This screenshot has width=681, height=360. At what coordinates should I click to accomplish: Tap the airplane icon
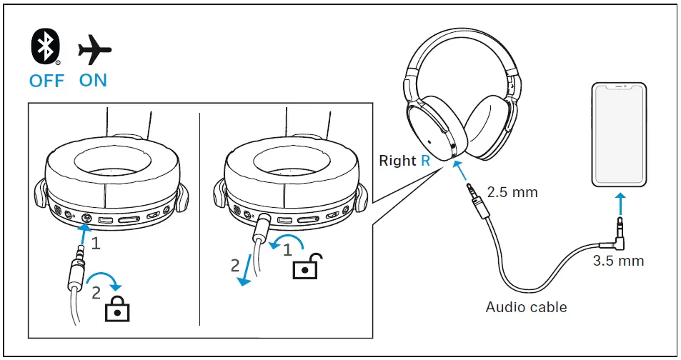(94, 51)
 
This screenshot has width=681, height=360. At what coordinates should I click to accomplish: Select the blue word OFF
(46, 80)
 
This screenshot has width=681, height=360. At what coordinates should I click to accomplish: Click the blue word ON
(93, 80)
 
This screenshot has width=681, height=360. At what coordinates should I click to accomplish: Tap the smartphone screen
(619, 134)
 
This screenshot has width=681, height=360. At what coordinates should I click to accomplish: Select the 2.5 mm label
(512, 192)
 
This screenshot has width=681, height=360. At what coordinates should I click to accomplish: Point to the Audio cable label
(526, 307)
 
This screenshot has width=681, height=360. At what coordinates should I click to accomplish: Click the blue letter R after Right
(426, 161)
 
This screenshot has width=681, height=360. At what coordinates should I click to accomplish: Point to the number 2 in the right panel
(235, 266)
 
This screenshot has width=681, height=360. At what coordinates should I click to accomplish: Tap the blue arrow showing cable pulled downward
(247, 269)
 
